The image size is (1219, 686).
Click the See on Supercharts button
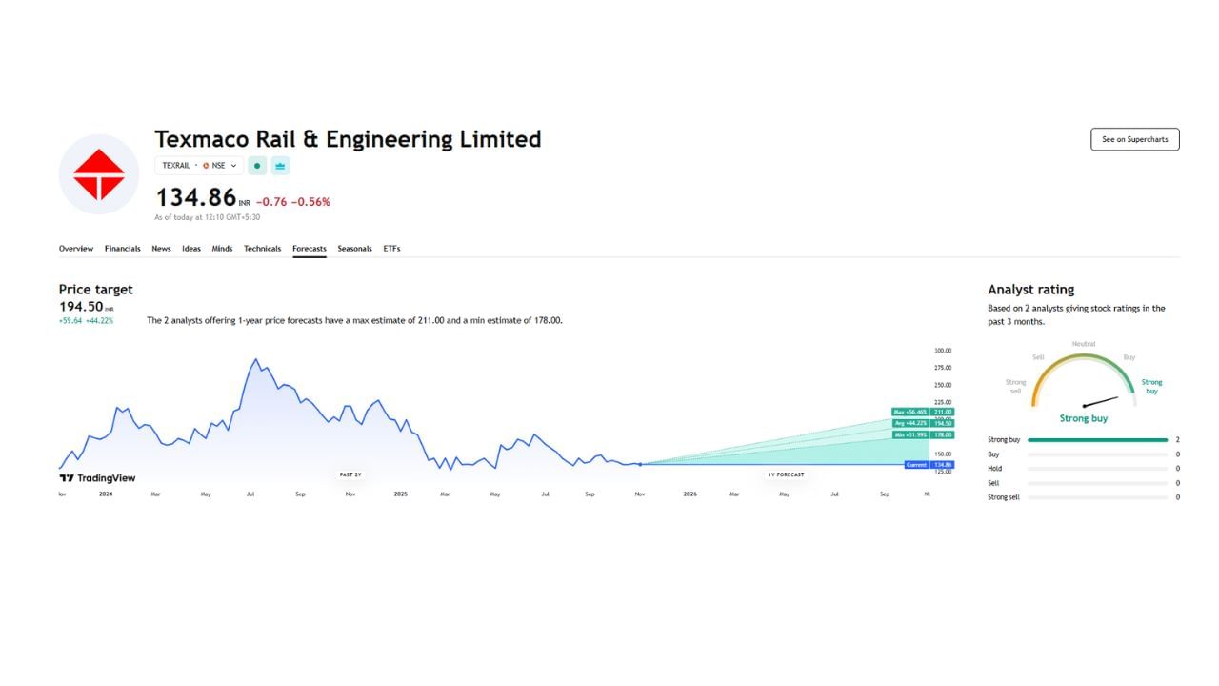click(x=1134, y=139)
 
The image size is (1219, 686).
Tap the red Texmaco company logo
click(x=99, y=174)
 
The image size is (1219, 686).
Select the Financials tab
click(x=122, y=249)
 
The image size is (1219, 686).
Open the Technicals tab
click(x=262, y=249)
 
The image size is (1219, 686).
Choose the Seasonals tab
click(x=354, y=249)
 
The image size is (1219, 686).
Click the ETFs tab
click(x=391, y=249)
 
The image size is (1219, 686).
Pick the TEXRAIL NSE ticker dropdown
click(x=199, y=166)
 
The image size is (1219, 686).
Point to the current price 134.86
click(x=195, y=197)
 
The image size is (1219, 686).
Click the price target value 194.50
click(x=81, y=307)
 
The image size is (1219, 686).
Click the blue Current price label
click(x=916, y=465)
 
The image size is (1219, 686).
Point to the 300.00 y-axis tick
click(x=942, y=351)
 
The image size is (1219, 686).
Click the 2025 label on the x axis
click(x=401, y=494)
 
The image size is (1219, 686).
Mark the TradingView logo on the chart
click(x=97, y=478)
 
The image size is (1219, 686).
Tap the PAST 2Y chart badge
click(x=350, y=474)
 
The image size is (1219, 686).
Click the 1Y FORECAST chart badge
click(x=786, y=474)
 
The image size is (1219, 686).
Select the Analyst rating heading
click(x=1030, y=290)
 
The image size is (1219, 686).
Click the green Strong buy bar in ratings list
click(x=1097, y=440)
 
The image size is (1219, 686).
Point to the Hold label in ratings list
click(x=994, y=469)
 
